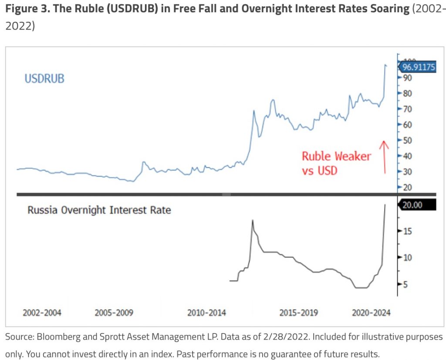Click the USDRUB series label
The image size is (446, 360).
44,79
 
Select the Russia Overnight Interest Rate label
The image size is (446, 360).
99,210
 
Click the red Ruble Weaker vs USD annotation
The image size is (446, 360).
336,163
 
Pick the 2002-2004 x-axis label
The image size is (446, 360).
42,312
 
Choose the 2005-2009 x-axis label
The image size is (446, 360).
114,312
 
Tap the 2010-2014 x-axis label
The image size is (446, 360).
206,312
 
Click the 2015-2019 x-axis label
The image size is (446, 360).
299,312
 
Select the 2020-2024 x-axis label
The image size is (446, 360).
371,312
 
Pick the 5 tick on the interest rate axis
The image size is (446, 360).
405,285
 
